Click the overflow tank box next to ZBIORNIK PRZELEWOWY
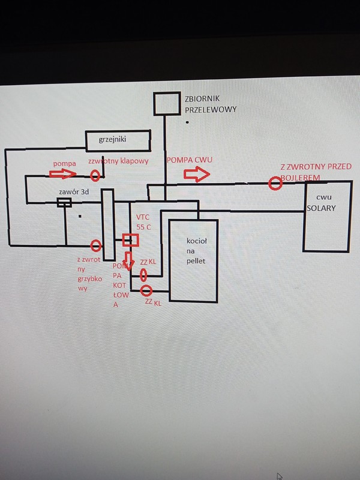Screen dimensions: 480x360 pos(166,103)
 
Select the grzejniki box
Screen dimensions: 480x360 pos(116,140)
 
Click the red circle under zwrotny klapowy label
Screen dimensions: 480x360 pos(95,176)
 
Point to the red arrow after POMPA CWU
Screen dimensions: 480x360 pos(196,175)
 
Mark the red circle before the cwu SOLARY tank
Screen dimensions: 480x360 pos(275,183)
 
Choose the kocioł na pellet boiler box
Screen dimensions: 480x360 pos(193,261)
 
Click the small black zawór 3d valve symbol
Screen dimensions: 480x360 pos(64,203)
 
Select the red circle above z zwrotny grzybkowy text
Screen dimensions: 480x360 pos(95,245)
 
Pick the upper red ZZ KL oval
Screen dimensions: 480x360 pos(144,275)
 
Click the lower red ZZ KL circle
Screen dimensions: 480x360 pos(145,291)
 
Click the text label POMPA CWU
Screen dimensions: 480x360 pos(190,160)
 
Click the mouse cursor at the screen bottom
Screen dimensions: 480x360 pos(278,476)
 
